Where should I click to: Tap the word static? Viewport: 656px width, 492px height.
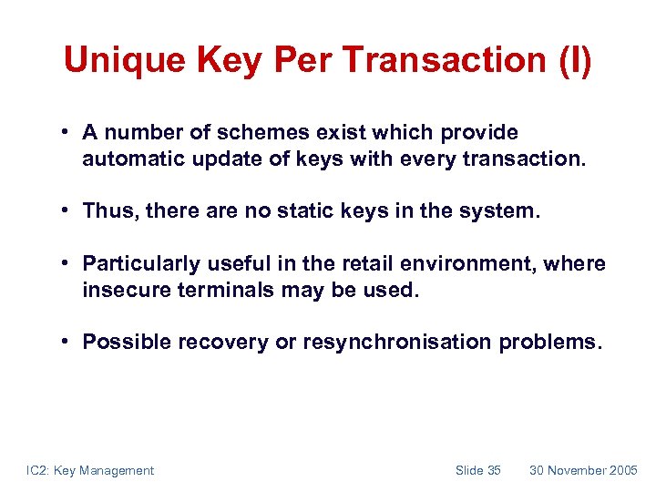(x=326, y=211)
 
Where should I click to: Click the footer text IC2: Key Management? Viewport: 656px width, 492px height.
(x=89, y=470)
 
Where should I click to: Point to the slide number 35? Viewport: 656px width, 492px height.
(x=494, y=470)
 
